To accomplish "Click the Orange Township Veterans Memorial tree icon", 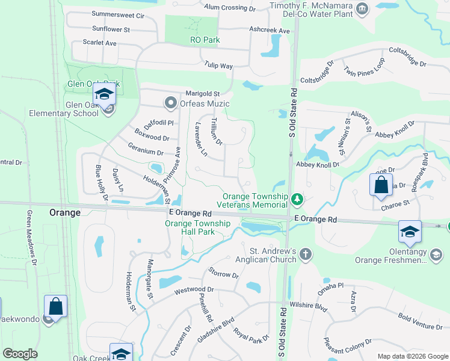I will tap(296, 198).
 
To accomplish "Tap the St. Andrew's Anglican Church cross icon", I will tap(306, 254).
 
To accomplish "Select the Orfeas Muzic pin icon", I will tap(170, 103).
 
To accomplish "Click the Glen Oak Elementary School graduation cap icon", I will tap(103, 94).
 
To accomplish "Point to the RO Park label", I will tap(205, 40).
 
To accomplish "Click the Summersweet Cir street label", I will tap(119, 14).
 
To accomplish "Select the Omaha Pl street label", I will tap(333, 285).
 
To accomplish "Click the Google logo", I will tap(20, 354).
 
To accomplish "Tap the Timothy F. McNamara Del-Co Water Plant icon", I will tap(362, 8).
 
